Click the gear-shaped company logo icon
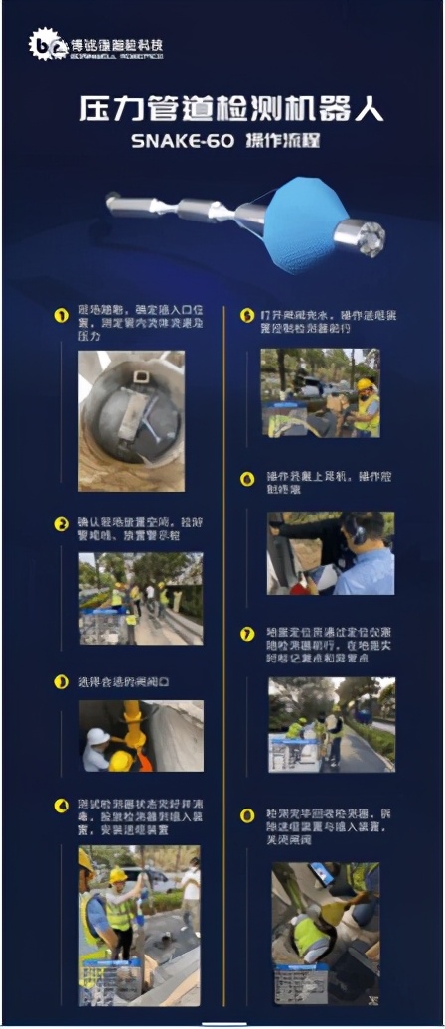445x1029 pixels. pyautogui.click(x=44, y=44)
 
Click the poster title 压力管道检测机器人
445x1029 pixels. pyautogui.click(x=230, y=108)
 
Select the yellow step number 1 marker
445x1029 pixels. pyautogui.click(x=62, y=316)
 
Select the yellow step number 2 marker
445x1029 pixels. pyautogui.click(x=62, y=523)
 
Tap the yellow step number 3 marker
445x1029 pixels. pyautogui.click(x=62, y=682)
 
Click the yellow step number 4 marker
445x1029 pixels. pyautogui.click(x=62, y=803)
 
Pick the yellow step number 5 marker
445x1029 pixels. pyautogui.click(x=248, y=316)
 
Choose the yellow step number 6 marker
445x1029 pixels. pyautogui.click(x=248, y=478)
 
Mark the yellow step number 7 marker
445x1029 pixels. pyautogui.click(x=248, y=633)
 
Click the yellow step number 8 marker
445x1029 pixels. pyautogui.click(x=248, y=815)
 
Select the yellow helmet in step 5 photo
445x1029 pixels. pyautogui.click(x=365, y=385)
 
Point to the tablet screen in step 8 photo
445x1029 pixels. pyautogui.click(x=323, y=874)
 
